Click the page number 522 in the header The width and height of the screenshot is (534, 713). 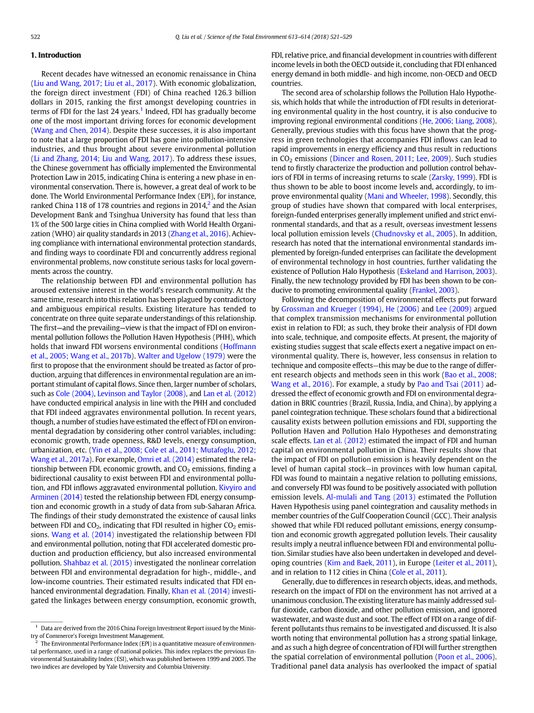pyautogui.click(x=35, y=37)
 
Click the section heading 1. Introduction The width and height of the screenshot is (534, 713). pyautogui.click(x=55, y=55)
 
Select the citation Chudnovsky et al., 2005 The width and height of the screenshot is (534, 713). pyautogui.click(x=411, y=233)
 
